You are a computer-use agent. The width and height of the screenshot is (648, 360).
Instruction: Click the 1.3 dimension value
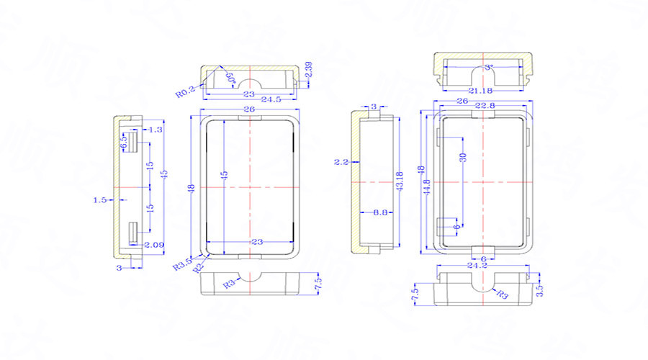154,130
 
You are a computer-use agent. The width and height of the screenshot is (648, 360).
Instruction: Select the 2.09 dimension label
154,246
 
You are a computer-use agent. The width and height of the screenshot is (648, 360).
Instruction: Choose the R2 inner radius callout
197,267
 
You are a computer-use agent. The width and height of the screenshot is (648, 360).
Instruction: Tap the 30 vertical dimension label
463,157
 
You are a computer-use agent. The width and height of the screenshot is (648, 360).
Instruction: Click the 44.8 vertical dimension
427,186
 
